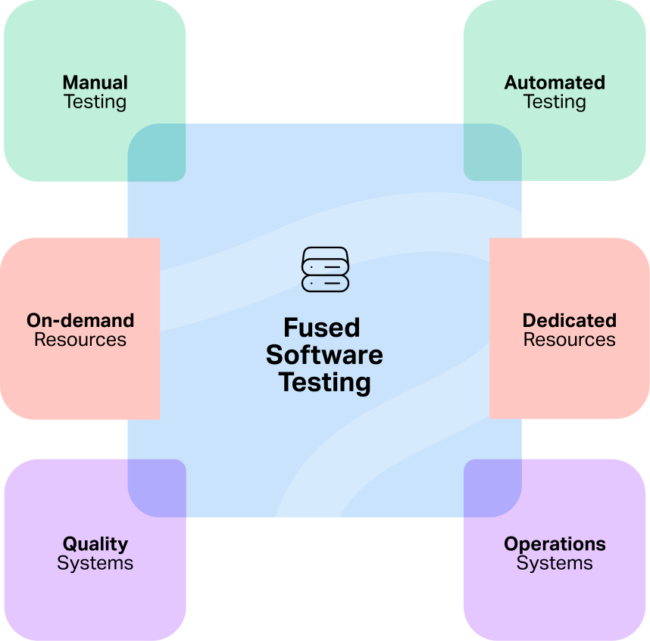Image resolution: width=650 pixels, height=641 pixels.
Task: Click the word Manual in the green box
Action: tap(95, 82)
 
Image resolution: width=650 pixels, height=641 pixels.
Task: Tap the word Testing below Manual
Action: tap(95, 101)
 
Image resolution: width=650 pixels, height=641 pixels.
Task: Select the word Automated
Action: tap(555, 82)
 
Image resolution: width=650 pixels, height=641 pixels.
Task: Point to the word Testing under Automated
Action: tap(555, 101)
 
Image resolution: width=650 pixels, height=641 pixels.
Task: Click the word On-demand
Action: tap(80, 320)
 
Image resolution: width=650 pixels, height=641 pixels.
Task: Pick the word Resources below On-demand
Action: tap(80, 340)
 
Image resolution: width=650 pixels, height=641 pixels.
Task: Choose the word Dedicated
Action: tap(569, 320)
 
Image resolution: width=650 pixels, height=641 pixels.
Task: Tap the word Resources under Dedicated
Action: tap(569, 340)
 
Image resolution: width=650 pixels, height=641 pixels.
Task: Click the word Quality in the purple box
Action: tap(95, 544)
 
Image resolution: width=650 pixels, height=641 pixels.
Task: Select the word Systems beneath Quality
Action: tap(95, 563)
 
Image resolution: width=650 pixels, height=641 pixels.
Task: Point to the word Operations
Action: tap(555, 544)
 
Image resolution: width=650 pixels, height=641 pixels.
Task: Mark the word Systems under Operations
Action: tap(555, 563)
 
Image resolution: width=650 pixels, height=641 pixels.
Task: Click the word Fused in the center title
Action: tap(322, 328)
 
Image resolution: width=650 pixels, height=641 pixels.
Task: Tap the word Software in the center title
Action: tap(324, 355)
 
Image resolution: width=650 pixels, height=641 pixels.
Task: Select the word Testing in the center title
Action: tap(324, 382)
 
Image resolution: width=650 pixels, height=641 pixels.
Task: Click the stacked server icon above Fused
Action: tap(325, 269)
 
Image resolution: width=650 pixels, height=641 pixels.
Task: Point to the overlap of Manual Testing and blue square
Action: tap(157, 153)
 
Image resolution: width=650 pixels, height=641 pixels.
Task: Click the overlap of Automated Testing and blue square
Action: tap(492, 153)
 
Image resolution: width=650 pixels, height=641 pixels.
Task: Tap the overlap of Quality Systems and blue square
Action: tap(157, 488)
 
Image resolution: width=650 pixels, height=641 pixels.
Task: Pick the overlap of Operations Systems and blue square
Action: tap(492, 488)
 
